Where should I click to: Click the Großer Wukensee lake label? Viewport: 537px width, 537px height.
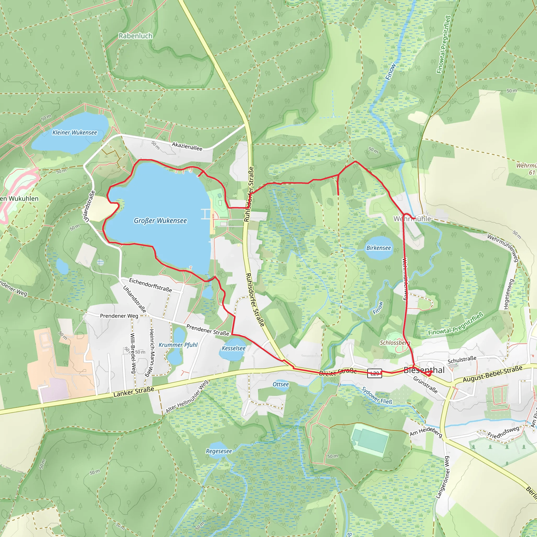tap(160, 221)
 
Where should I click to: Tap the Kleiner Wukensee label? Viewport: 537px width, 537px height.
tap(75, 133)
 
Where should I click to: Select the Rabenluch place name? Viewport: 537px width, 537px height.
tap(135, 36)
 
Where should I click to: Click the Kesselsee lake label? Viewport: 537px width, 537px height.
tap(233, 348)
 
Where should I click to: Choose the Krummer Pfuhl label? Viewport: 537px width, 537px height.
tap(178, 345)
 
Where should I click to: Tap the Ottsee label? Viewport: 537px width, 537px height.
tap(281, 384)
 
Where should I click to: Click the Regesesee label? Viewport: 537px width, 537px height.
tap(219, 451)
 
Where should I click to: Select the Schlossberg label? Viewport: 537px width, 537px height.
tap(395, 343)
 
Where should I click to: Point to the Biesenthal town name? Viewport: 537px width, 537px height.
tap(424, 370)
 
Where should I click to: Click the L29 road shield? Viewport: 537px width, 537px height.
tap(374, 373)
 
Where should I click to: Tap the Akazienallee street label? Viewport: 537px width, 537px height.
tap(187, 146)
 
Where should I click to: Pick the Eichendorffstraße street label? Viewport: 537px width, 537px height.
tap(150, 285)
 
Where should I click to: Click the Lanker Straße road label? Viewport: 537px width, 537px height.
tap(134, 391)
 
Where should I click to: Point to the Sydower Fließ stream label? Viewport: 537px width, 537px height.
tap(377, 395)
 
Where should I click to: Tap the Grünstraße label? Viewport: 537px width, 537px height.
tap(425, 385)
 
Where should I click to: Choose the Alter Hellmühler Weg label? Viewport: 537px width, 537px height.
tap(187, 397)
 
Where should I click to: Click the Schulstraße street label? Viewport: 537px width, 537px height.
tap(462, 359)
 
